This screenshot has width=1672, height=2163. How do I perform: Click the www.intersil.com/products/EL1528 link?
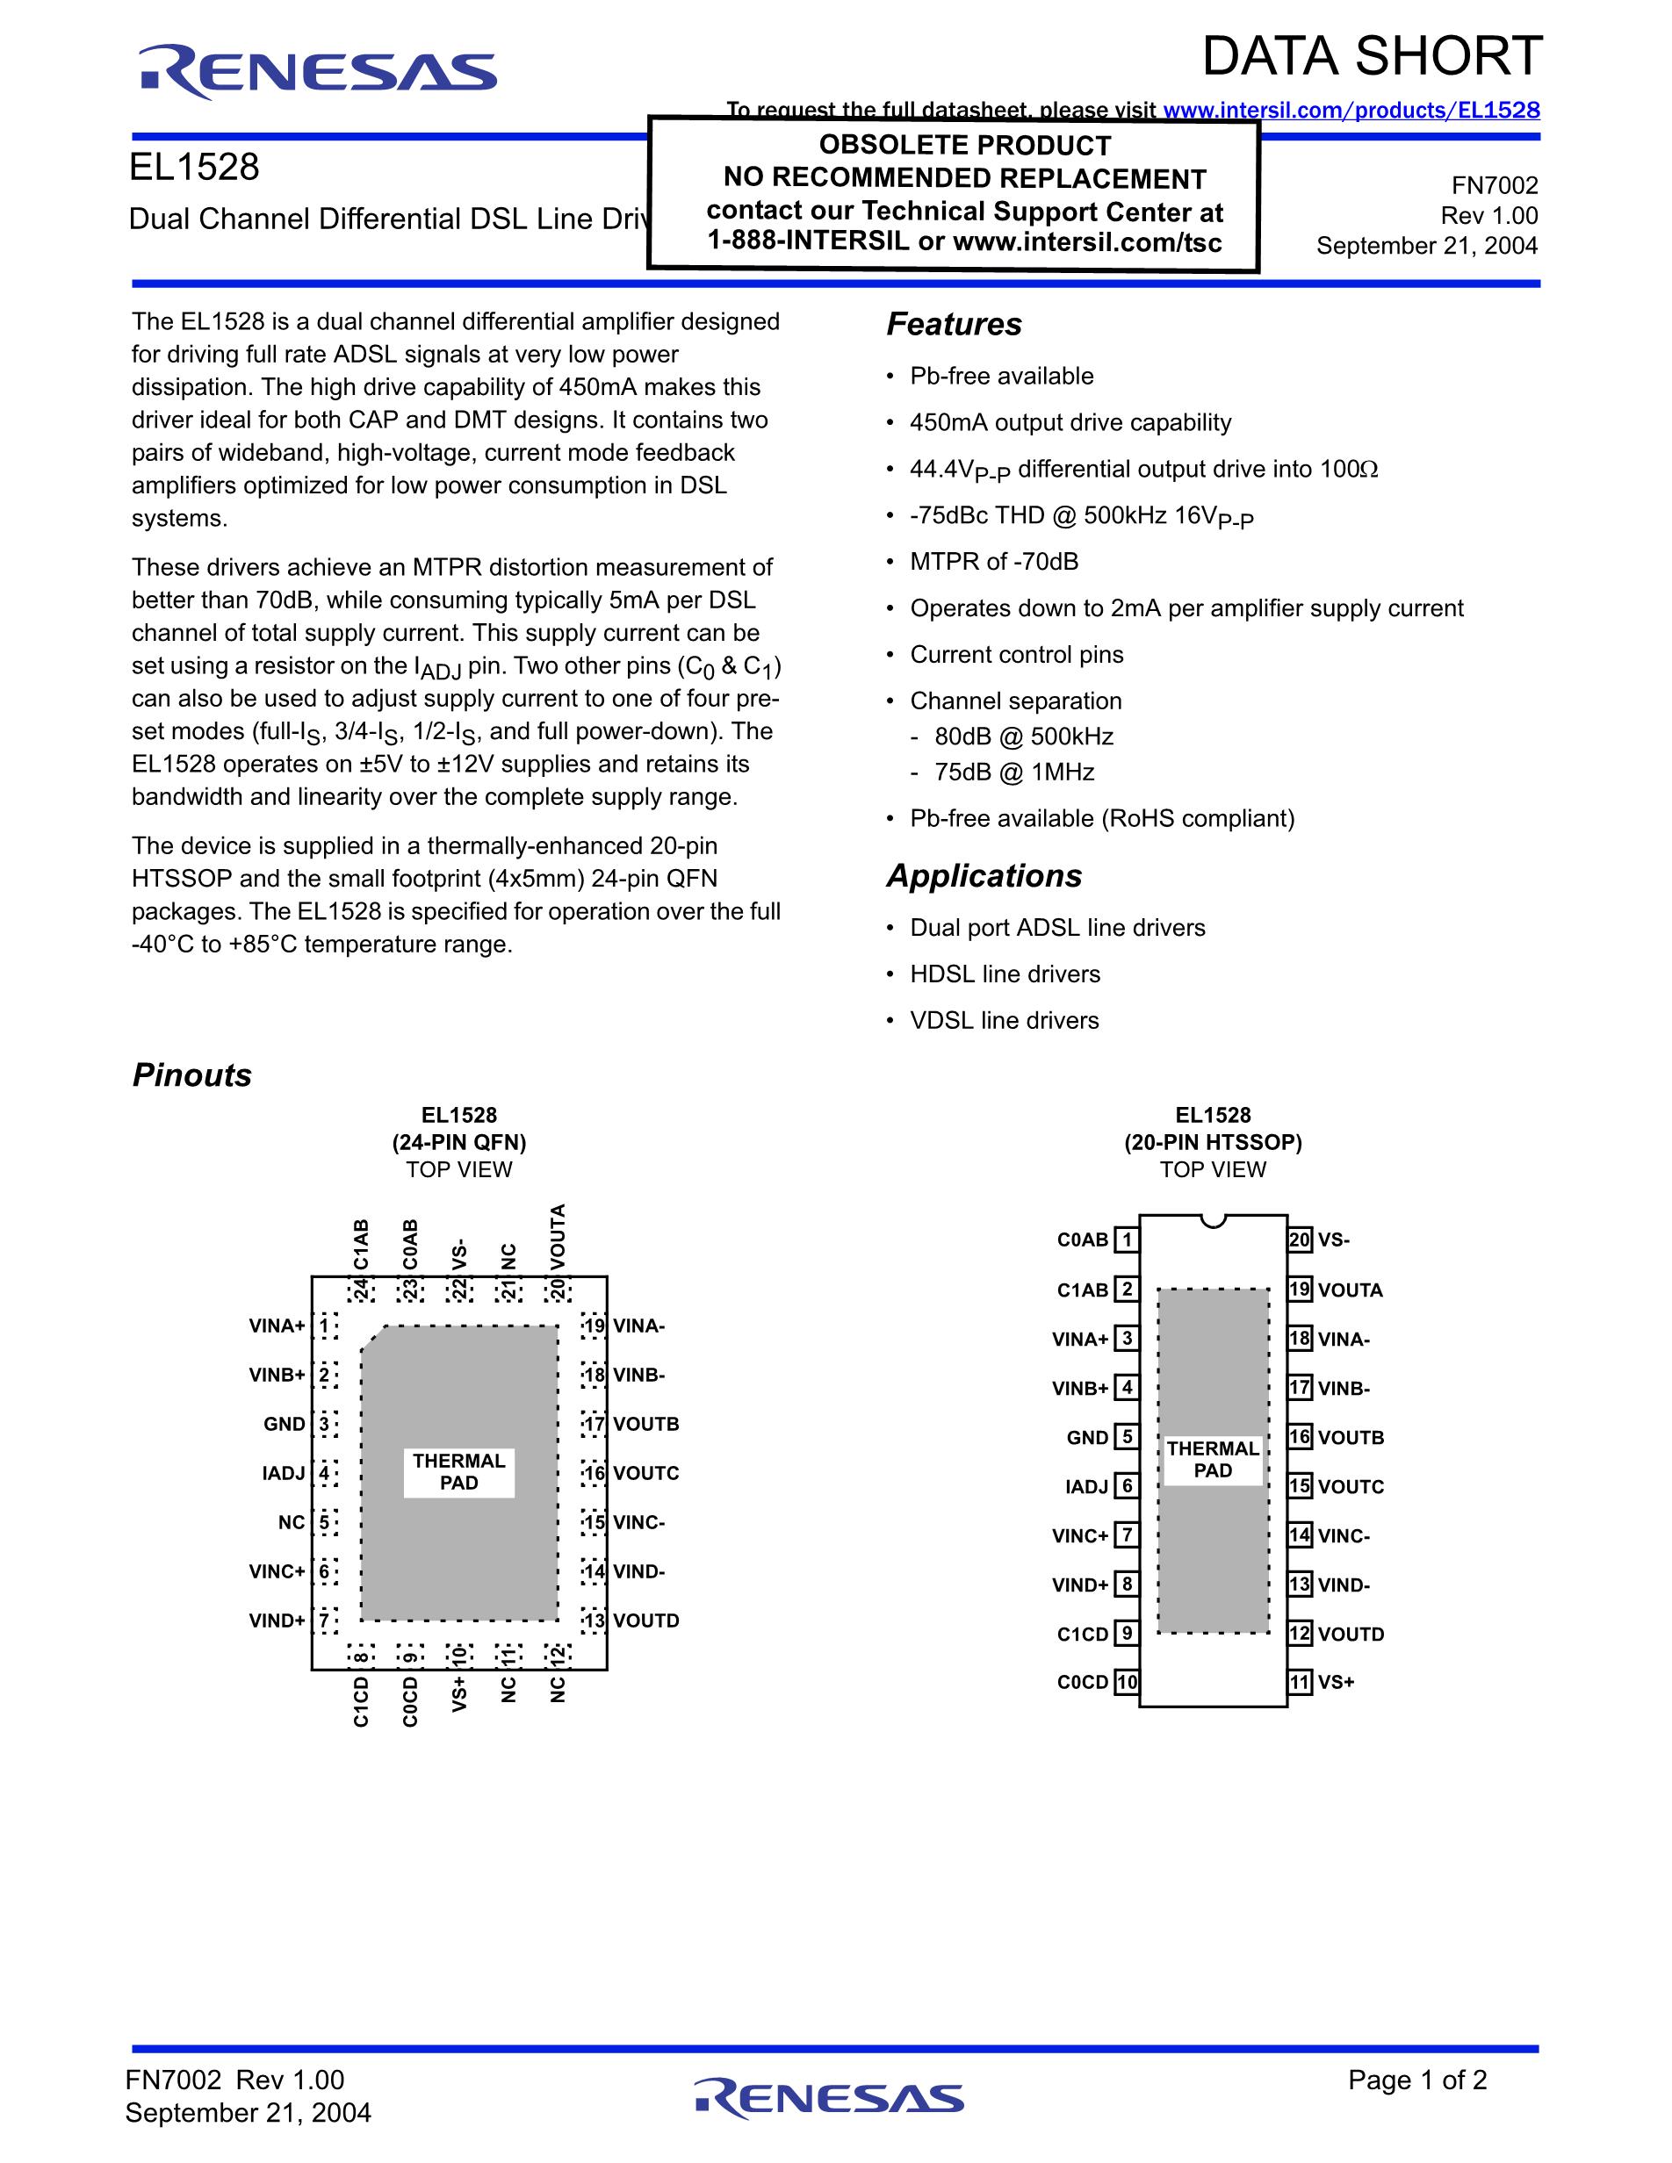click(x=1351, y=110)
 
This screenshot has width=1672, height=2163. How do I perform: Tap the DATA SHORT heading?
click(x=1372, y=56)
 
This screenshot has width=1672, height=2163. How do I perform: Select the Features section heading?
click(x=954, y=324)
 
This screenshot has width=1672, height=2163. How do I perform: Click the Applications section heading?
click(x=984, y=875)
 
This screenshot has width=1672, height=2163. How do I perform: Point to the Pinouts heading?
click(x=192, y=1074)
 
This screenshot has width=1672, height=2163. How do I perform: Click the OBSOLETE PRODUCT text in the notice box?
click(x=965, y=146)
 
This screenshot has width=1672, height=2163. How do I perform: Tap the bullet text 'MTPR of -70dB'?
click(x=994, y=562)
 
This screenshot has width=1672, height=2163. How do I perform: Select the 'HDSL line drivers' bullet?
click(x=1005, y=974)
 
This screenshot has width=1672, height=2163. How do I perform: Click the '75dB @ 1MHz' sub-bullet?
click(x=1014, y=772)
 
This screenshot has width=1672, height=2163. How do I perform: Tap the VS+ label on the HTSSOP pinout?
click(x=1337, y=1682)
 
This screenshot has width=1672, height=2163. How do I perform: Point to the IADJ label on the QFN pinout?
click(x=284, y=1473)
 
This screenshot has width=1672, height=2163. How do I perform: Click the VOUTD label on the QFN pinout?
click(x=645, y=1620)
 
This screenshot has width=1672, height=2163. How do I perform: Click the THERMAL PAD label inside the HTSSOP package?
click(x=1213, y=1459)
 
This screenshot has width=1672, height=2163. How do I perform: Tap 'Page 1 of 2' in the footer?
click(x=1416, y=2080)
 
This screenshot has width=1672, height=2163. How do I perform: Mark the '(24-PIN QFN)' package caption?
click(x=458, y=1142)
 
